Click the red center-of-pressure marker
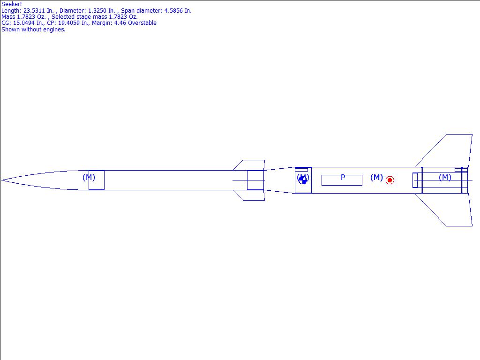[390, 180]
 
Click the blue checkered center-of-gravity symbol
[302, 180]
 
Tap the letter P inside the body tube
[343, 177]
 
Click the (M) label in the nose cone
[89, 177]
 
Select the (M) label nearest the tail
[445, 177]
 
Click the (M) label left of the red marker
[376, 177]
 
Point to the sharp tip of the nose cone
[1, 180]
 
